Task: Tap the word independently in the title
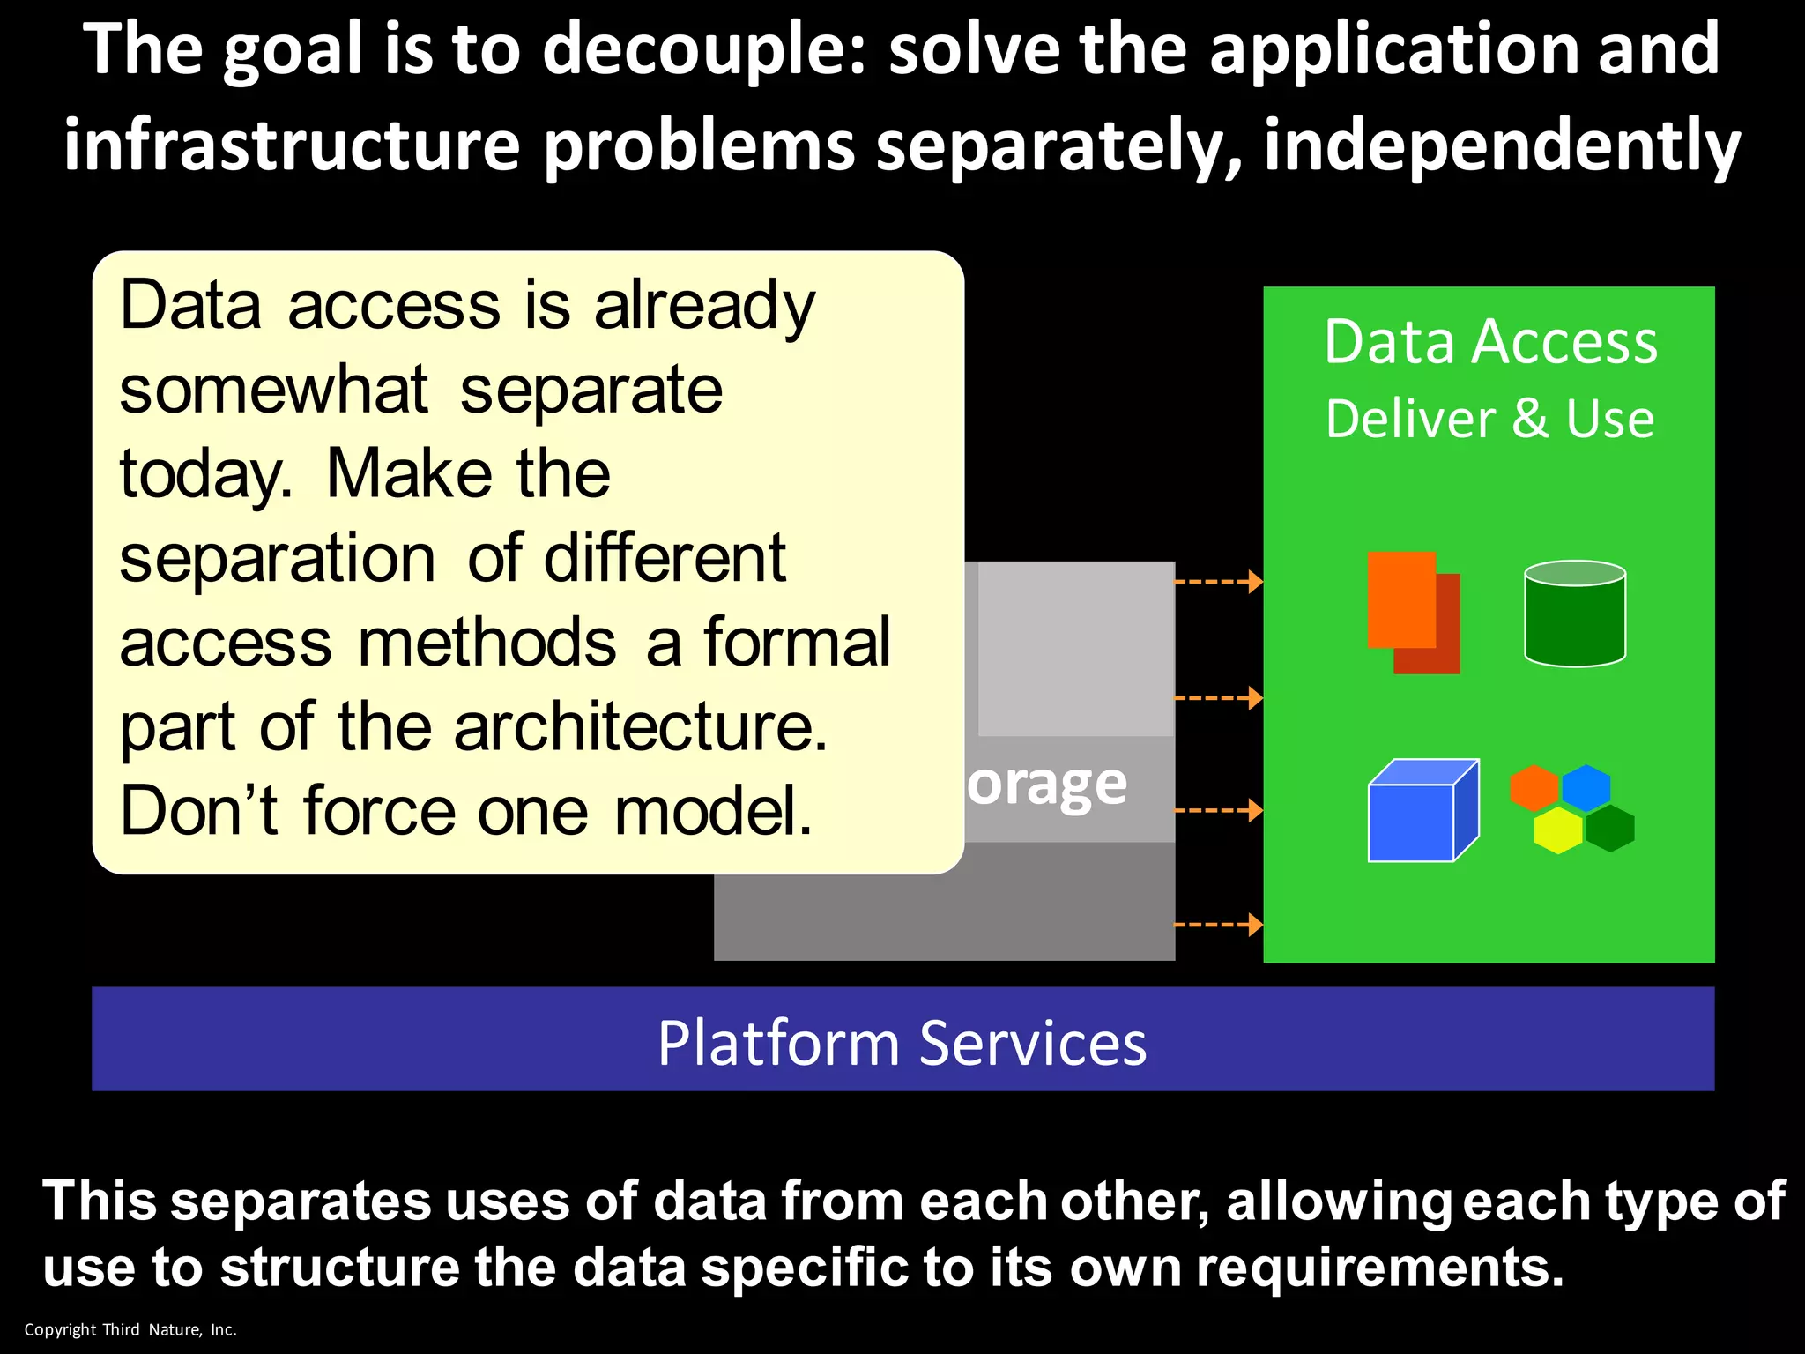click(x=1502, y=146)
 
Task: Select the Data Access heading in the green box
click(x=1489, y=342)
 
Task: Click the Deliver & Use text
click(x=1489, y=419)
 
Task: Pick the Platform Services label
click(x=902, y=1043)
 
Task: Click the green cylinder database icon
click(x=1575, y=614)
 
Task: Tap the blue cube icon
click(x=1421, y=811)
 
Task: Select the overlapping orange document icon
click(x=1412, y=612)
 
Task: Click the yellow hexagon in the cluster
click(x=1557, y=830)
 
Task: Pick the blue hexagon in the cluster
click(x=1586, y=787)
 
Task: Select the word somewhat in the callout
click(x=273, y=391)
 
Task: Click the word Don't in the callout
click(x=199, y=812)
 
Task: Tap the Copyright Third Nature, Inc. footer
click(x=130, y=1329)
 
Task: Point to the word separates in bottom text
click(x=301, y=1201)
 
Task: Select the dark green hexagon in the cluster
click(x=1610, y=829)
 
